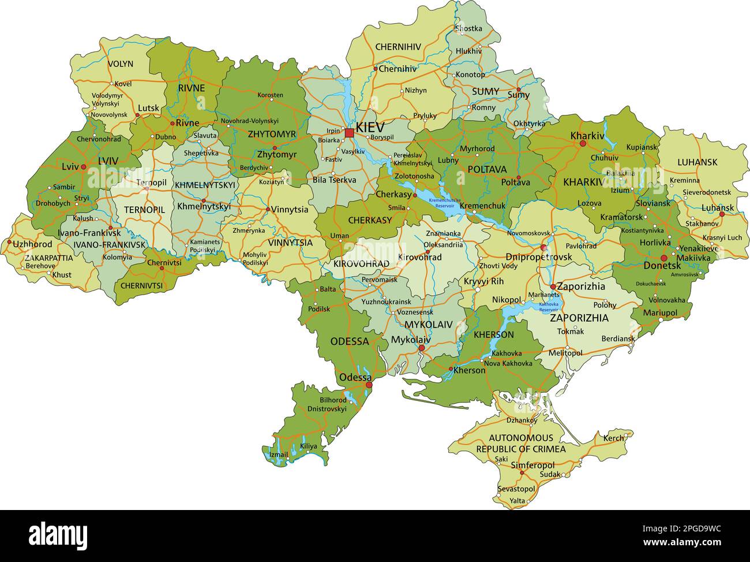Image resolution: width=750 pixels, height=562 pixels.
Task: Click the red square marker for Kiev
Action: (x=349, y=133)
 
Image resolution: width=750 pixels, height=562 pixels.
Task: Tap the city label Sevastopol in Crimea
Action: (x=516, y=489)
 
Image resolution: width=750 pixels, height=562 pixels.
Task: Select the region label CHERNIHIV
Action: (x=398, y=47)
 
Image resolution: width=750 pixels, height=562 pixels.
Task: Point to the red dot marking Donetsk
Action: (x=664, y=258)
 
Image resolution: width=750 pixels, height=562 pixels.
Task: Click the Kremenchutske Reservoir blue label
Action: (x=445, y=203)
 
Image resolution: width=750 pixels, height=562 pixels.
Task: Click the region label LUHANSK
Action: (x=697, y=162)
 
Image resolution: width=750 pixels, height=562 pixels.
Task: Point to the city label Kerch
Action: (x=613, y=438)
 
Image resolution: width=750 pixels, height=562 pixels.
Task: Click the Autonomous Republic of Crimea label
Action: (x=520, y=443)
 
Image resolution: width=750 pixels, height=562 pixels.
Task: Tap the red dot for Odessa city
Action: (x=369, y=385)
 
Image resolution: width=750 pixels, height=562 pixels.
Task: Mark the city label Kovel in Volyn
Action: (x=123, y=84)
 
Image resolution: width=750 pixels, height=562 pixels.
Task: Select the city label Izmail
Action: (x=279, y=455)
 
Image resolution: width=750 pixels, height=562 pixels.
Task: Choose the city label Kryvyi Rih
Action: (x=483, y=281)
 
